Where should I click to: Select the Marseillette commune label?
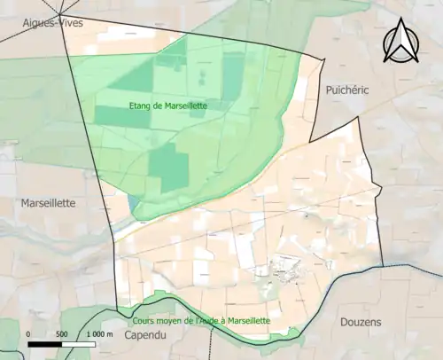coord(48,203)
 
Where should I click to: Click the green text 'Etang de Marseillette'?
coord(167,108)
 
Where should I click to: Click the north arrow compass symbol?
coord(400,41)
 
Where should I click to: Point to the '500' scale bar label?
coord(62,334)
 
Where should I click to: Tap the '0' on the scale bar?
coord(29,334)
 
